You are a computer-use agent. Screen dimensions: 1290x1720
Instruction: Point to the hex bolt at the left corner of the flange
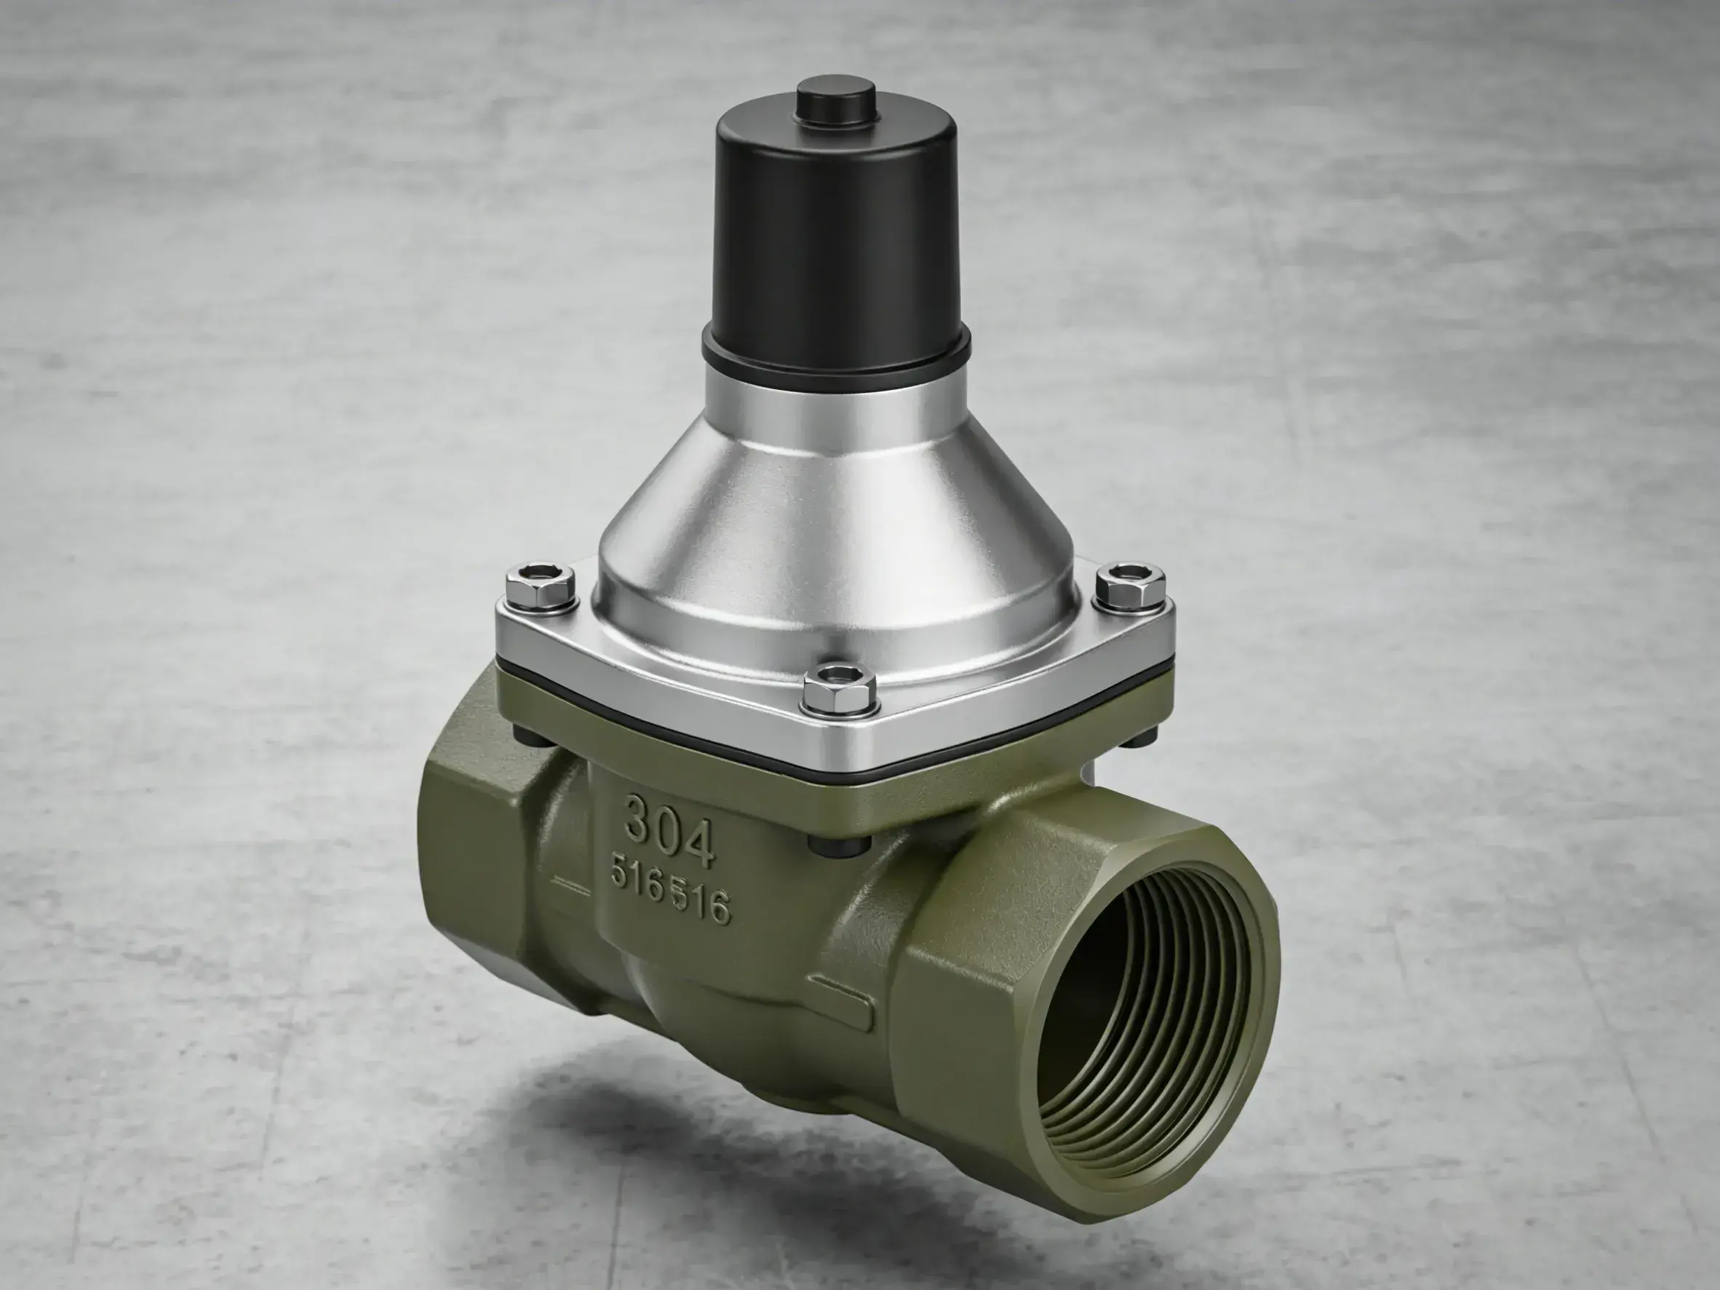(540, 585)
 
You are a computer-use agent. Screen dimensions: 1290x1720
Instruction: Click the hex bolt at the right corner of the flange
(1131, 585)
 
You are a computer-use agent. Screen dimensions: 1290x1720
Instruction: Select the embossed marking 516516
(669, 894)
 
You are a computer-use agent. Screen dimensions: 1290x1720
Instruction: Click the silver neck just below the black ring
(837, 397)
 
